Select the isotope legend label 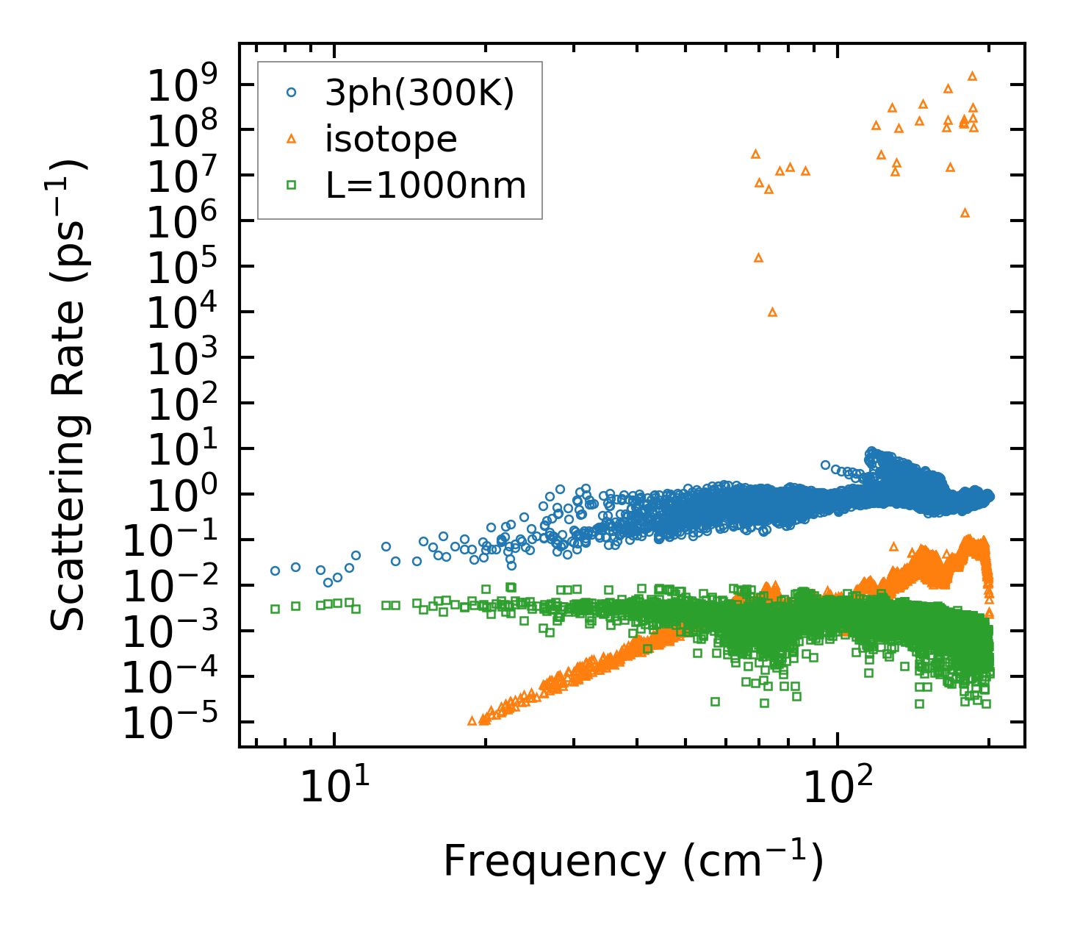[391, 139]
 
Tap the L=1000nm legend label [426, 185]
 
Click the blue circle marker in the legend [292, 93]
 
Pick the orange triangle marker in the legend [292, 138]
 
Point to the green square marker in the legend [292, 185]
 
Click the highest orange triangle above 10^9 [972, 76]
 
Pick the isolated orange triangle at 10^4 [772, 312]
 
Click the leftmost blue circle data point [275, 570]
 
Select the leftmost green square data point [275, 609]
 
